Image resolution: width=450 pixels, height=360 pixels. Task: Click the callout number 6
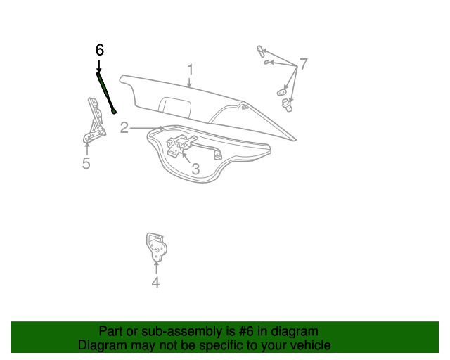pos(99,50)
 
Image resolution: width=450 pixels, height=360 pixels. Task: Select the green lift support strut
pos(105,90)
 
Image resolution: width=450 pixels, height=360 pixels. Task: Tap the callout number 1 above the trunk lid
pos(190,69)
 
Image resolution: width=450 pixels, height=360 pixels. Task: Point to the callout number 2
pos(124,128)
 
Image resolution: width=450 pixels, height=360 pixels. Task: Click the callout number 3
pos(195,169)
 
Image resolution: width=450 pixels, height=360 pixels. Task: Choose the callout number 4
pos(155,283)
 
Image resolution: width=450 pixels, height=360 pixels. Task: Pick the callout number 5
pos(86,164)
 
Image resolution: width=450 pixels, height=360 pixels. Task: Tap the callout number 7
pos(304,64)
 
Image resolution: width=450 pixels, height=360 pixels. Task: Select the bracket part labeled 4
pos(155,247)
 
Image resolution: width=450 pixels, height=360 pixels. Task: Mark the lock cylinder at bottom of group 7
pos(287,105)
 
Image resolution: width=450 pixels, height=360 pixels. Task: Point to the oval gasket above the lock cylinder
pos(281,91)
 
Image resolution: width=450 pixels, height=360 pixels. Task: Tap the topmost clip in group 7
pos(260,51)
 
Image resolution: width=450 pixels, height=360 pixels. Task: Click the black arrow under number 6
pos(98,65)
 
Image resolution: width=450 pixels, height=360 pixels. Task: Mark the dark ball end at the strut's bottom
pos(114,110)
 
